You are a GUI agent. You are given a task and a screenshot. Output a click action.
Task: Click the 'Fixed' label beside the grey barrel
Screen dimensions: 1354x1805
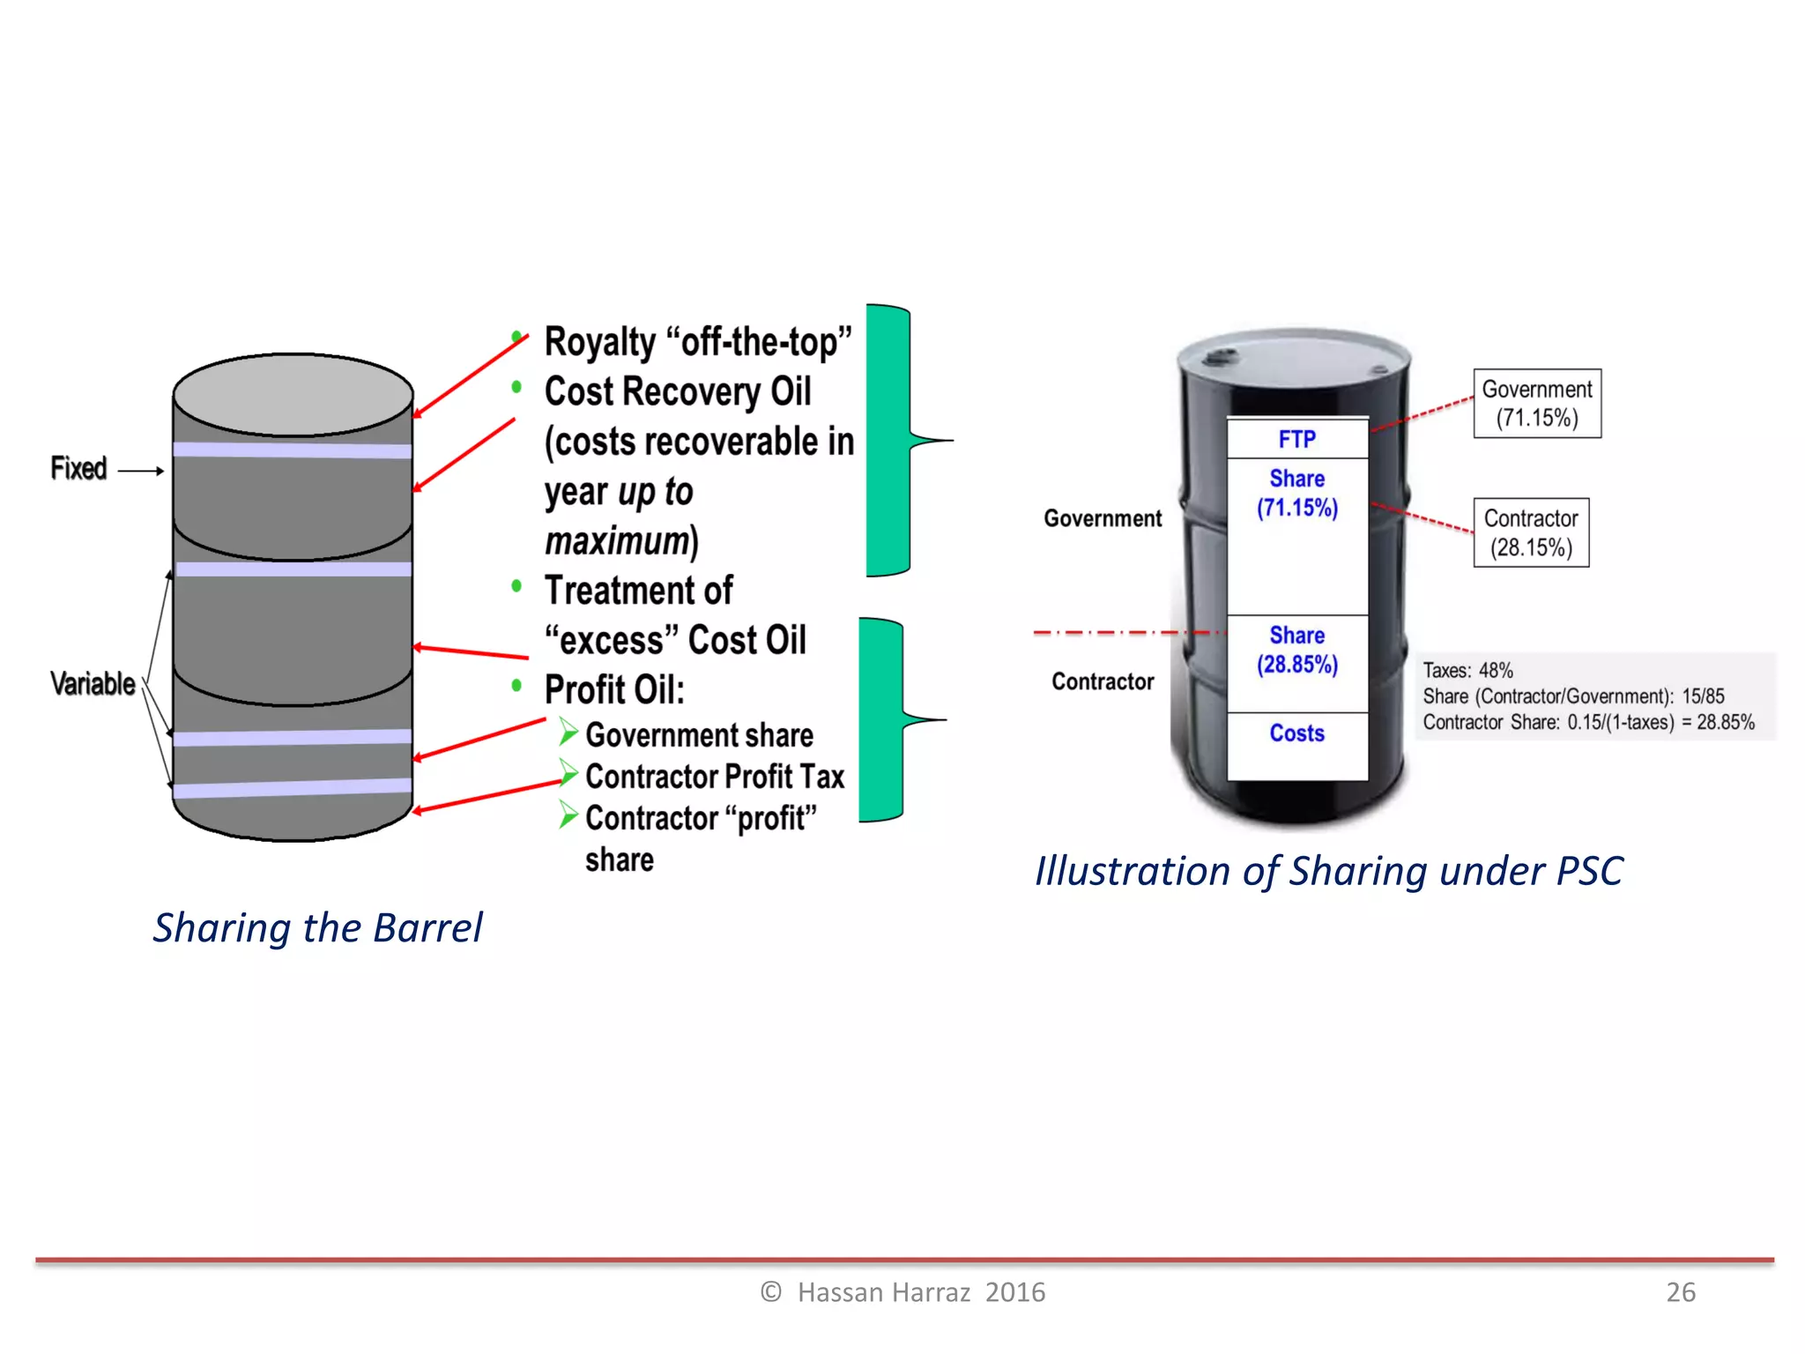(x=78, y=469)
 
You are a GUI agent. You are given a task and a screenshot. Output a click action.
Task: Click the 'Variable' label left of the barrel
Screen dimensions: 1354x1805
(x=93, y=684)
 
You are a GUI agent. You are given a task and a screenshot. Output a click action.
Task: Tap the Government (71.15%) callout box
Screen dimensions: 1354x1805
(x=1536, y=404)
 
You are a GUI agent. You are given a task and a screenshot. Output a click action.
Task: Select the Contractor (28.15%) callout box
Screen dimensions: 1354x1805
(x=1531, y=532)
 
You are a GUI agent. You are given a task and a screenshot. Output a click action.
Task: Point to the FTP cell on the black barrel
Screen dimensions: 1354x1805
(x=1296, y=439)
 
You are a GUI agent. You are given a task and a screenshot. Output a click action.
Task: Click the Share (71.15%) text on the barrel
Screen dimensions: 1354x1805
(x=1296, y=494)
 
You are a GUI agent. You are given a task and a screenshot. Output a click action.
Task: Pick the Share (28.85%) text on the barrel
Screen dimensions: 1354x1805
(x=1296, y=651)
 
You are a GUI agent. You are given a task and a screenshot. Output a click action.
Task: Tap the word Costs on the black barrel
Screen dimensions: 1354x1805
(x=1296, y=733)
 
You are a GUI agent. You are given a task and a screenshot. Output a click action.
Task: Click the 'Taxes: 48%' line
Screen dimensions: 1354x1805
(x=1467, y=671)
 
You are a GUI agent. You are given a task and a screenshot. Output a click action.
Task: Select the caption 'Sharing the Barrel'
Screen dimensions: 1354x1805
(x=317, y=928)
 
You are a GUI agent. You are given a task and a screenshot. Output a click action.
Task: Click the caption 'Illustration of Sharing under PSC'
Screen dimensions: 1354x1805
(x=1328, y=872)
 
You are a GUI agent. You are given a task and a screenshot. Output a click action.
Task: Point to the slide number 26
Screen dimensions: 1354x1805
(x=1680, y=1292)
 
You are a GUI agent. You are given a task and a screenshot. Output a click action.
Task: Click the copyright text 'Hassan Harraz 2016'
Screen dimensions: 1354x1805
(x=920, y=1292)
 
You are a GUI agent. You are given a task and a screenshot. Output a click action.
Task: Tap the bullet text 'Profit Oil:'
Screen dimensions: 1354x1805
(x=614, y=689)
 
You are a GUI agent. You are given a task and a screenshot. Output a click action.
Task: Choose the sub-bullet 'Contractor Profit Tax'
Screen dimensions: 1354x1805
(x=714, y=777)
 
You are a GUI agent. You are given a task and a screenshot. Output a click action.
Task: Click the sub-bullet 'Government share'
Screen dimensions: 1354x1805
(x=699, y=735)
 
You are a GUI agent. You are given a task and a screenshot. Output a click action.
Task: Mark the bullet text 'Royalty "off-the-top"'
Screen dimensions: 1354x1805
(x=698, y=342)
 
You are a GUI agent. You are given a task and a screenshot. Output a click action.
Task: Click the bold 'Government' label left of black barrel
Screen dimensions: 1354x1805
(x=1103, y=518)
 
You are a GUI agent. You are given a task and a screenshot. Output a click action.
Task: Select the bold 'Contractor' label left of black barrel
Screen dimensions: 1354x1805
(x=1103, y=681)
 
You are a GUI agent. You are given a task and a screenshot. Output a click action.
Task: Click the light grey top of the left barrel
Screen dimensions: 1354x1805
(x=293, y=393)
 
